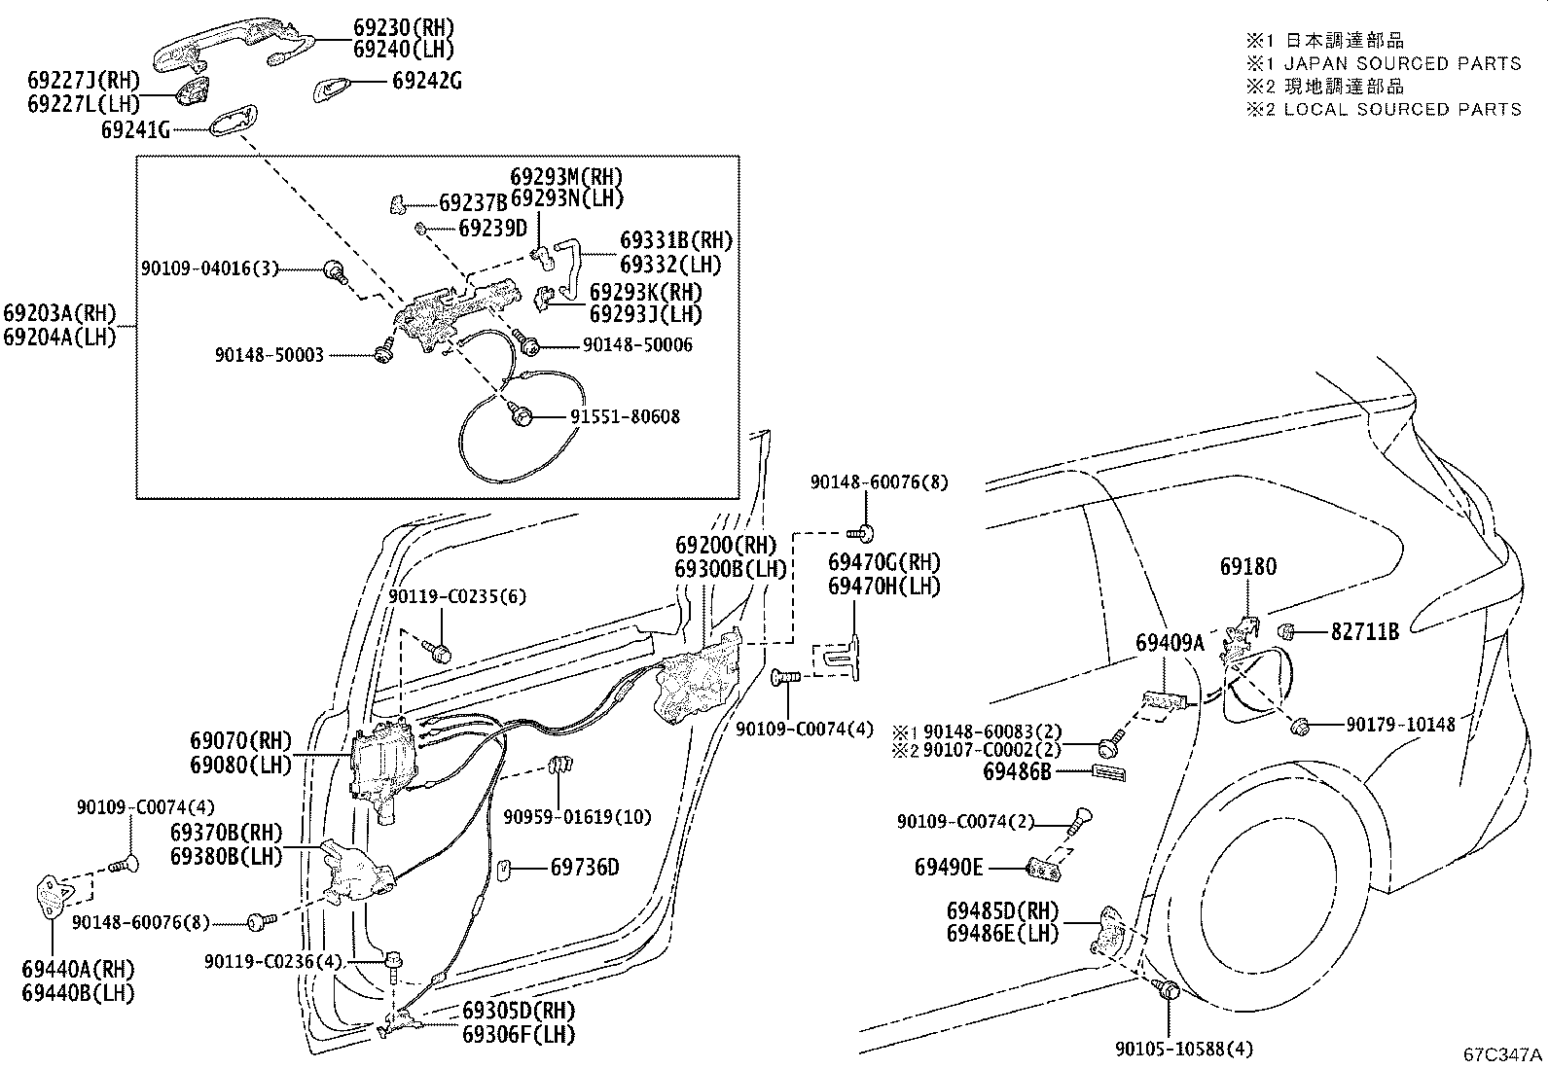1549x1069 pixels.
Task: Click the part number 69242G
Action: (427, 81)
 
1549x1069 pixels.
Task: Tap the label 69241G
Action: (135, 129)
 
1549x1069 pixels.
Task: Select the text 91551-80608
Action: (625, 416)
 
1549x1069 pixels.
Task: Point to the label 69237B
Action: (473, 202)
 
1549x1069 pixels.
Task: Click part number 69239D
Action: (493, 228)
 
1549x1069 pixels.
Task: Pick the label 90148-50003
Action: (269, 355)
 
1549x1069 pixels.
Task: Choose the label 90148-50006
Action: (637, 344)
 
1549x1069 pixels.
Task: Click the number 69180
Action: (1248, 566)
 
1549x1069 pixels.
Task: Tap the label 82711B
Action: (1365, 631)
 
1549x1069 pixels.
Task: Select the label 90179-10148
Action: (1401, 724)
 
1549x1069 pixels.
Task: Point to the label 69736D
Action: (585, 867)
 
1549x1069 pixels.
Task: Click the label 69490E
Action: (949, 867)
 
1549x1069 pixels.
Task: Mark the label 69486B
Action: (1017, 771)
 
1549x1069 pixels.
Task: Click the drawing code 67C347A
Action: (1502, 1054)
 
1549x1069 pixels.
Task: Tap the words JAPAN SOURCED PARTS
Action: (1402, 63)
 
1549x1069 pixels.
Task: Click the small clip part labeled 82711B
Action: (1285, 631)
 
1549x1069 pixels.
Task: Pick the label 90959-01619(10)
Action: (577, 817)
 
